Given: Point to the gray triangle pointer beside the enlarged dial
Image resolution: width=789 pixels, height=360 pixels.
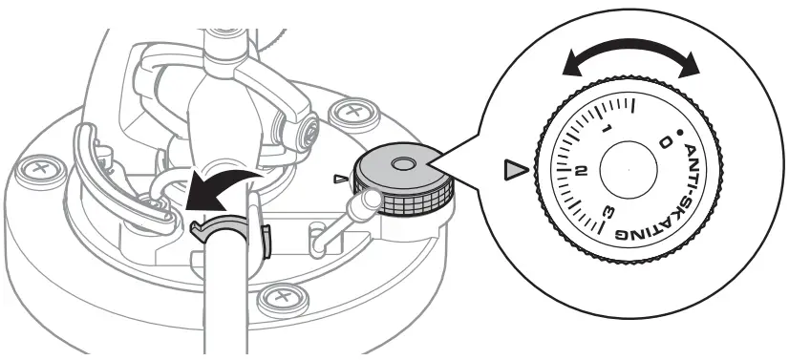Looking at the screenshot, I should [516, 171].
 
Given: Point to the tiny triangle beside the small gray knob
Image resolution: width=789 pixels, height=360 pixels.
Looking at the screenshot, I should [339, 179].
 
